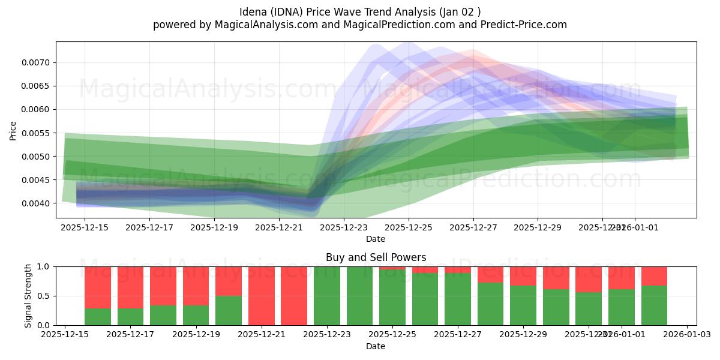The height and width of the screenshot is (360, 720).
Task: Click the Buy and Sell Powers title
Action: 376,257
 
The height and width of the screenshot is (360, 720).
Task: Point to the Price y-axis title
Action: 13,130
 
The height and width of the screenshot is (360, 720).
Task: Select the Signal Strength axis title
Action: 28,296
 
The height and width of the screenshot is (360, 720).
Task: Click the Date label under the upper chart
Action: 376,239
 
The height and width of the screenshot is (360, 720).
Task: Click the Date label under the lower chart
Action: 376,346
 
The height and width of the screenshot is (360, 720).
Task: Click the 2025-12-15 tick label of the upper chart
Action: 85,228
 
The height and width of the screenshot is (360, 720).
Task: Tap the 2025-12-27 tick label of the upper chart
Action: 473,228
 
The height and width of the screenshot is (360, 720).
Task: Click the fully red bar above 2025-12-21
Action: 262,296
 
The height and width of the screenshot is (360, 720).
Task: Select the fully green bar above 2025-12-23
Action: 327,296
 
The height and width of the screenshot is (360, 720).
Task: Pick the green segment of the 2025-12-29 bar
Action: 523,305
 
